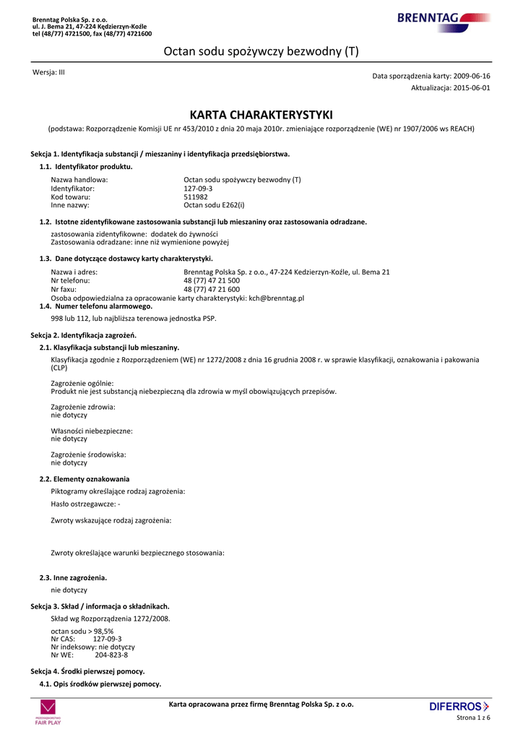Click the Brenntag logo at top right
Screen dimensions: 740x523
click(x=444, y=17)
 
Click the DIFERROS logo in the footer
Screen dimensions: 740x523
click(x=459, y=706)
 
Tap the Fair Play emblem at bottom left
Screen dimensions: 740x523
click(x=48, y=711)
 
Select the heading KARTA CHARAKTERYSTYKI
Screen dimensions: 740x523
click(x=261, y=115)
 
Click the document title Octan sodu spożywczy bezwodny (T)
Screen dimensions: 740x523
click(x=261, y=51)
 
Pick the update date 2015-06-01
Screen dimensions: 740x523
click(x=472, y=87)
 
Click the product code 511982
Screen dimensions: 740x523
click(x=196, y=197)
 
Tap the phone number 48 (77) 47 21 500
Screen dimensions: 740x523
click(x=212, y=280)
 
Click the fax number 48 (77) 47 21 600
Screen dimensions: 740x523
click(x=212, y=289)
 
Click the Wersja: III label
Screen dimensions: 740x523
click(x=49, y=72)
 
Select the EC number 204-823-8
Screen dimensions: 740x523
click(x=111, y=655)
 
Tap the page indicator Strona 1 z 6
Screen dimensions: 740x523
click(x=474, y=718)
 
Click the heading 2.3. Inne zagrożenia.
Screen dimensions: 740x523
click(x=73, y=578)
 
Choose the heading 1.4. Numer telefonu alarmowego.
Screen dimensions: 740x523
click(x=96, y=306)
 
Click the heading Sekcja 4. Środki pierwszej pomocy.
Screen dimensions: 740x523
click(x=87, y=671)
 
